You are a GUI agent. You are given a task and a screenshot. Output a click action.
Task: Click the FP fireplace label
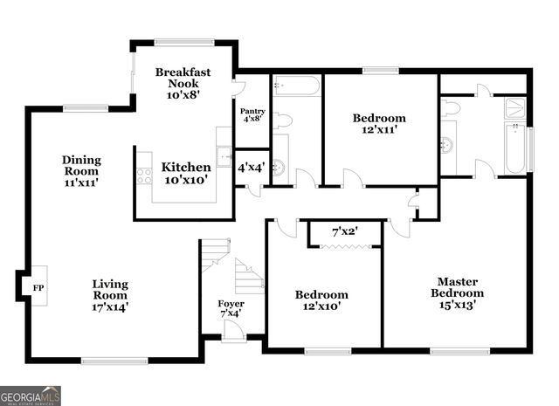(37, 287)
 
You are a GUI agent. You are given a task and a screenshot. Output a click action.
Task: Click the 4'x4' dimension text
(251, 167)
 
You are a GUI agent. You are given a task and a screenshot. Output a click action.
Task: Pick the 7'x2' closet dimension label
(344, 232)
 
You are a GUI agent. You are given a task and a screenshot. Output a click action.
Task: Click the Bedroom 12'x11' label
(379, 124)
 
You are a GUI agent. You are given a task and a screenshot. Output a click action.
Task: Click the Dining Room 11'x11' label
(81, 171)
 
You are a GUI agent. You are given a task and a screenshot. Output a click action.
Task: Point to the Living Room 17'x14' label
(110, 295)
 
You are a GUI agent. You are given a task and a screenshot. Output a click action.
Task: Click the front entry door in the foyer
(233, 332)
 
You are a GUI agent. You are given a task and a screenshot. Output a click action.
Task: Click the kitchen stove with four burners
(143, 175)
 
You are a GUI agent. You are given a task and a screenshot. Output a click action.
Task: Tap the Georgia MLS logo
(31, 395)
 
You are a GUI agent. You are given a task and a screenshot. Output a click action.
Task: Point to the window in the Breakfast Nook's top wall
(184, 41)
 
